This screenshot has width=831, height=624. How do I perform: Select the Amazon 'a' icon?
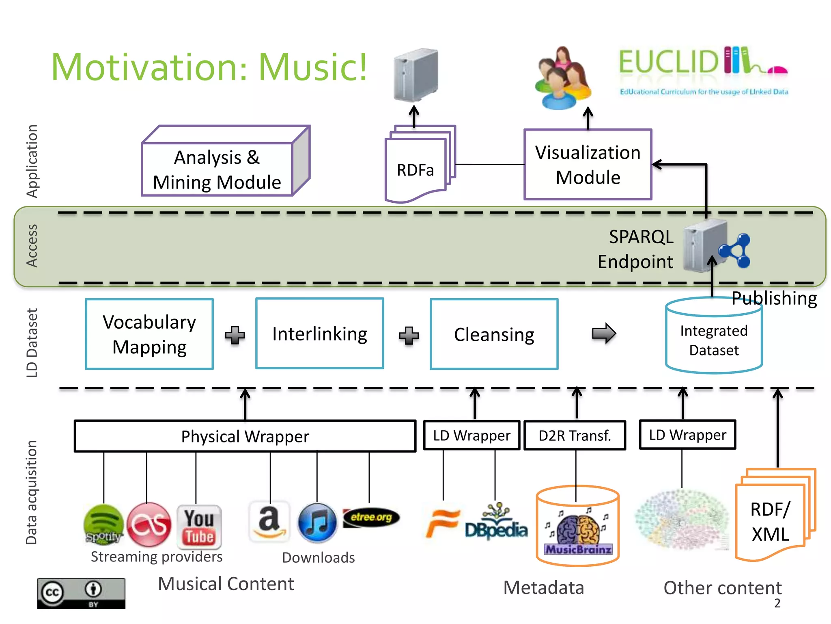[x=269, y=522]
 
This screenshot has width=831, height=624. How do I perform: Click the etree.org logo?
[x=371, y=518]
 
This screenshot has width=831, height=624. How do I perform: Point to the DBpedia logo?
[x=496, y=524]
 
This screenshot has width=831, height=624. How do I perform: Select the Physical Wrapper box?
[x=245, y=436]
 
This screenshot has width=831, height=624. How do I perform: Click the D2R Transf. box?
[x=575, y=435]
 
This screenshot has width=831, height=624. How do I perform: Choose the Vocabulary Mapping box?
[x=149, y=334]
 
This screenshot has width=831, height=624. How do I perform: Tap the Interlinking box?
[x=320, y=334]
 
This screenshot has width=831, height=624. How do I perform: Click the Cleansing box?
[x=494, y=334]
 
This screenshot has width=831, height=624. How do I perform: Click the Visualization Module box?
[x=588, y=165]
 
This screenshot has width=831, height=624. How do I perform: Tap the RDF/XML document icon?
[x=771, y=520]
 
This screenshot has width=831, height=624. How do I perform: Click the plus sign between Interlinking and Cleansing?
[x=409, y=335]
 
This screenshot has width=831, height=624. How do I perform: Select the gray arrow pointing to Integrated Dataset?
[x=604, y=334]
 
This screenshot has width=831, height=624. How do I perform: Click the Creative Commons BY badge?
[x=81, y=593]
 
